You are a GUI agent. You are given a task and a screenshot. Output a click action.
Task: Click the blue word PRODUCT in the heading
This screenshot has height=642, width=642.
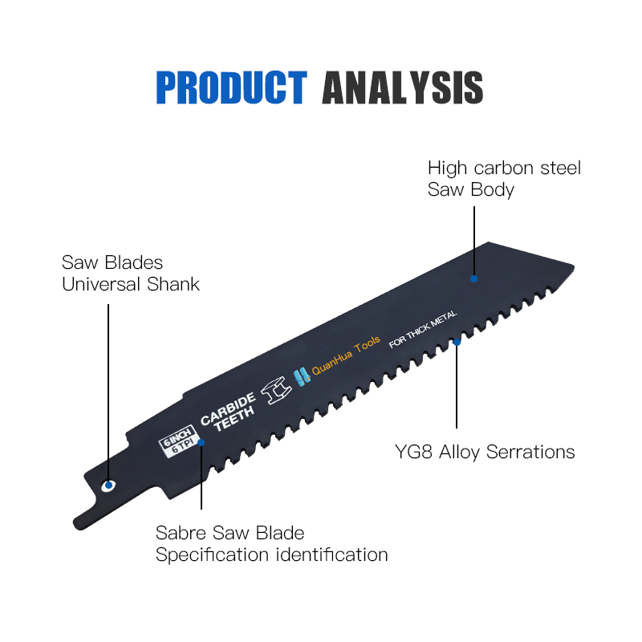point(231,87)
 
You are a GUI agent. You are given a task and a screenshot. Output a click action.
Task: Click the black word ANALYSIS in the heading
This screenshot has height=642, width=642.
point(402,87)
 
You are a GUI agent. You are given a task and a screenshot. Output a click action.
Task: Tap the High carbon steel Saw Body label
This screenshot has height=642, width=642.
point(504,179)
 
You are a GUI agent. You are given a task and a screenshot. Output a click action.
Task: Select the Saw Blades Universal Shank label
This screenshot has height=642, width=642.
point(131,273)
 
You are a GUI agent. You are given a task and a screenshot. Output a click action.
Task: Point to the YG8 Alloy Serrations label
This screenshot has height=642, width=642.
point(485,452)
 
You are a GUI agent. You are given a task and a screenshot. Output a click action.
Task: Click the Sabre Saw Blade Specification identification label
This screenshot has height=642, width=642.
point(271,543)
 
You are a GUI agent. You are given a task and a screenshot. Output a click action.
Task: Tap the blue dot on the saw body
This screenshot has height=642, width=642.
point(473,278)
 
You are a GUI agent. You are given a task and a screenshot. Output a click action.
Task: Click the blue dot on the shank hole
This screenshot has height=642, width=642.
point(108,486)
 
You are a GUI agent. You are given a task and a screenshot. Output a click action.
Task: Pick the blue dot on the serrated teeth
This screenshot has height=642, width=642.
point(457,342)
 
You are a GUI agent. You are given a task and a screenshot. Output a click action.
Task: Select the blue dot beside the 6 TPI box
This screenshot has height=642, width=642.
point(201,441)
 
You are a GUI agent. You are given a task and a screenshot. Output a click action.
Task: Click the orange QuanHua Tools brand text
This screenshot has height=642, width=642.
point(346,362)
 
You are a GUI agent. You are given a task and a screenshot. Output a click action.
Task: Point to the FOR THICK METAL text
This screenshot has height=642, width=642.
point(422,330)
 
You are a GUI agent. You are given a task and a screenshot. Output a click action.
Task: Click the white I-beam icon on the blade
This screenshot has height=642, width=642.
point(278,389)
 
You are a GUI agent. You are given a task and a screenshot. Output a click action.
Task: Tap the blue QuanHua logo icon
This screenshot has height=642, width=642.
point(301,376)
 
